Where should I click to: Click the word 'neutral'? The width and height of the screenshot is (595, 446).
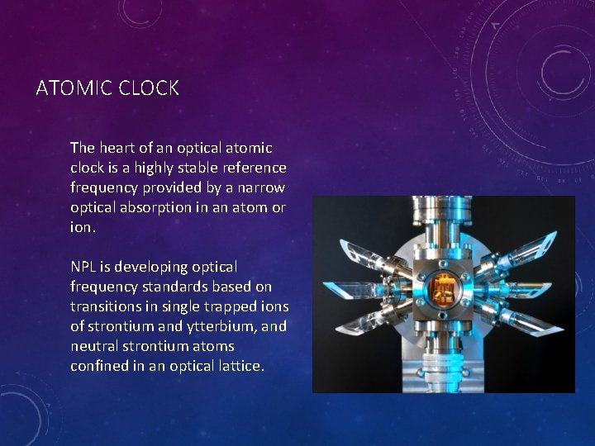pyautogui.click(x=93, y=346)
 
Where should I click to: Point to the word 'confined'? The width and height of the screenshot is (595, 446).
pyautogui.click(x=98, y=366)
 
